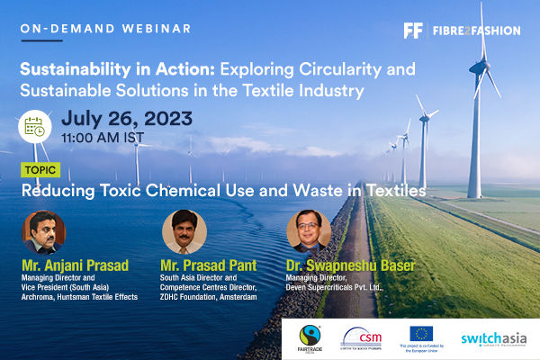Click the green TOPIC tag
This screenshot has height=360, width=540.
(x=42, y=170)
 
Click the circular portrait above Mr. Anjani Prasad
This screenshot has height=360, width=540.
(x=41, y=231)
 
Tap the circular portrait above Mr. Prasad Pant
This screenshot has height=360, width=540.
(x=184, y=231)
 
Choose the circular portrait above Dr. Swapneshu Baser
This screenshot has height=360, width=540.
(x=309, y=231)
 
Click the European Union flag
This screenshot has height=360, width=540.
(x=422, y=334)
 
